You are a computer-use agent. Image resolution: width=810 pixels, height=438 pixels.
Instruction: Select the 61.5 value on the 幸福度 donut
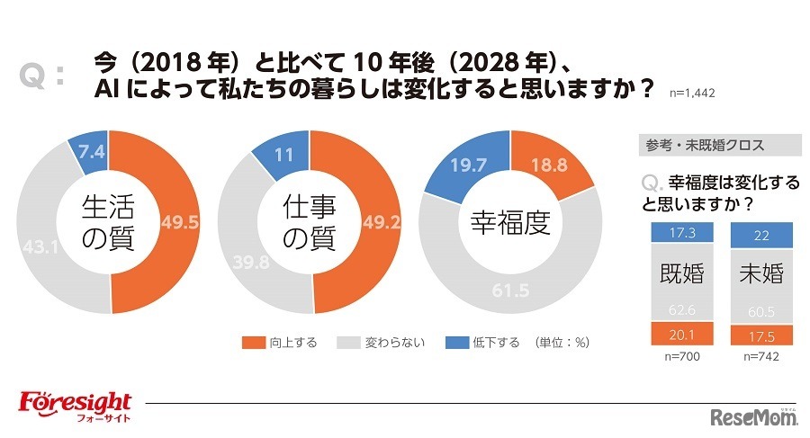tap(509, 291)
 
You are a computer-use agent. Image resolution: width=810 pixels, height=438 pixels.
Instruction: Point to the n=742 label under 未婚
tap(754, 357)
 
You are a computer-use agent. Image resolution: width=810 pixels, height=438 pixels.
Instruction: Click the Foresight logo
tap(75, 404)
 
